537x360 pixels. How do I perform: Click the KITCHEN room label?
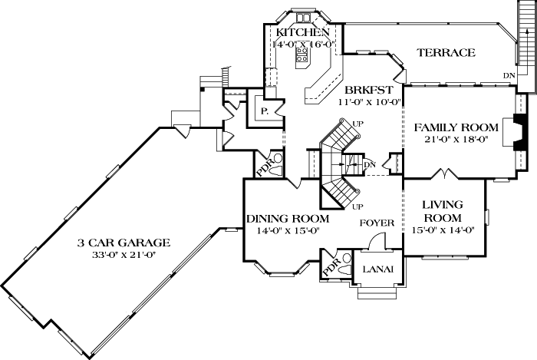pos(303,33)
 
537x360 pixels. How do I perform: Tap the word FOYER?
pos(377,223)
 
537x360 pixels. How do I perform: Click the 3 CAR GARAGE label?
pos(123,243)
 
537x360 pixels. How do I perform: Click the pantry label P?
pos(263,111)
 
